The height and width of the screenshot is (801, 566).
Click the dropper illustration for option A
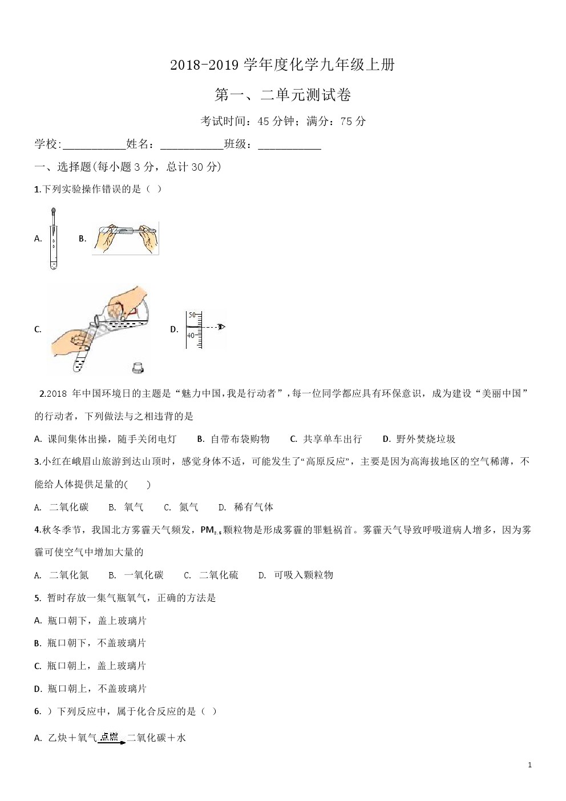tap(53, 238)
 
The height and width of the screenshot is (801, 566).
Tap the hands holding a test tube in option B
tap(125, 238)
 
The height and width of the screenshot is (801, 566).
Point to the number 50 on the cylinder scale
tap(192, 315)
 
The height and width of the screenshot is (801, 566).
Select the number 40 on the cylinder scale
tap(191, 336)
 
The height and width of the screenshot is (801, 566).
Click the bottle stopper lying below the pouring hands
tap(137, 367)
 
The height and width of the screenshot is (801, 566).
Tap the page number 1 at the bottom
tap(530, 765)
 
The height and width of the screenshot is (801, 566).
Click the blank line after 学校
tap(93, 145)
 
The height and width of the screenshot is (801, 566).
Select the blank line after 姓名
tap(192, 145)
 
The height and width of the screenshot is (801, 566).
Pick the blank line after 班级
tap(289, 145)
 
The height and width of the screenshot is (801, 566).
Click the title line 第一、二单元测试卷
tap(282, 95)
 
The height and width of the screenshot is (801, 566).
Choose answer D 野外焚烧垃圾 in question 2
tap(419, 439)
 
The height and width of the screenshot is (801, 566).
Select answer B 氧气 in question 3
tap(127, 507)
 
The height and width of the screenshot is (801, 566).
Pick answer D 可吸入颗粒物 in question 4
tap(296, 575)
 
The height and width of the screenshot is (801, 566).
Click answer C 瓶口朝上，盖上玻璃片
tap(91, 666)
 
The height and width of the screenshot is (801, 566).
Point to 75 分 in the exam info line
tap(353, 121)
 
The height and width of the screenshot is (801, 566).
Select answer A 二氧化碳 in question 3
tap(62, 507)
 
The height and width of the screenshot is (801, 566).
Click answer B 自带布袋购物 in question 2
tap(233, 439)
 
